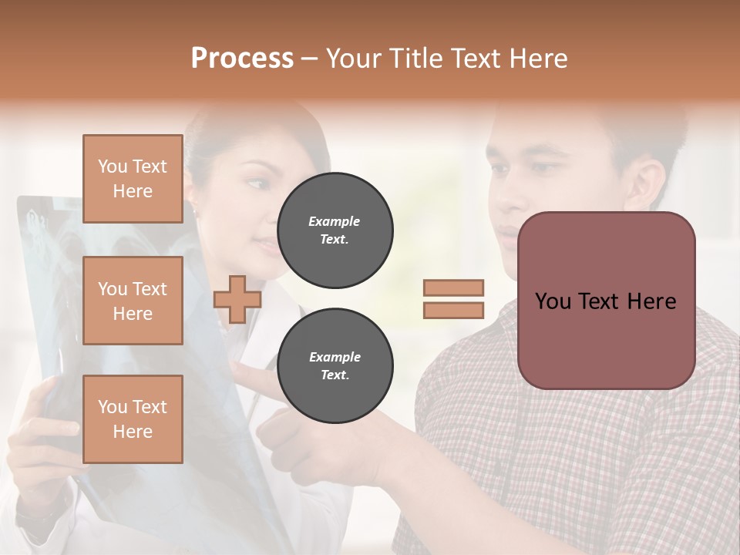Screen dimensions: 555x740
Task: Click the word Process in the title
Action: pyautogui.click(x=242, y=59)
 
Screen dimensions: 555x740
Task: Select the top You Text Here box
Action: pyautogui.click(x=133, y=179)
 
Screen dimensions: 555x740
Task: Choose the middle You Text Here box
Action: pyautogui.click(x=133, y=301)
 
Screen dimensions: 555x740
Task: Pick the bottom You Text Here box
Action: pyautogui.click(x=133, y=419)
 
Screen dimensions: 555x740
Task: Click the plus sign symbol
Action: pyautogui.click(x=237, y=299)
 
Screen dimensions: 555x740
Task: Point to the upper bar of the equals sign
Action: pyautogui.click(x=453, y=288)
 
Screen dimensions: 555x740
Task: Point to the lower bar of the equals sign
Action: pyautogui.click(x=453, y=310)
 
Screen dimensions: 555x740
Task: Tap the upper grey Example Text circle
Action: pyautogui.click(x=335, y=230)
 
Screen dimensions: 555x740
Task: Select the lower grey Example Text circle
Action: pyautogui.click(x=335, y=365)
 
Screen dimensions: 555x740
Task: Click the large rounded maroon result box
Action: pyautogui.click(x=606, y=301)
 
